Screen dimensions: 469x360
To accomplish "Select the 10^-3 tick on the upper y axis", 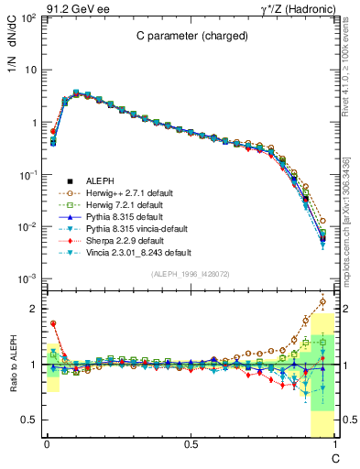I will [27, 278].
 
